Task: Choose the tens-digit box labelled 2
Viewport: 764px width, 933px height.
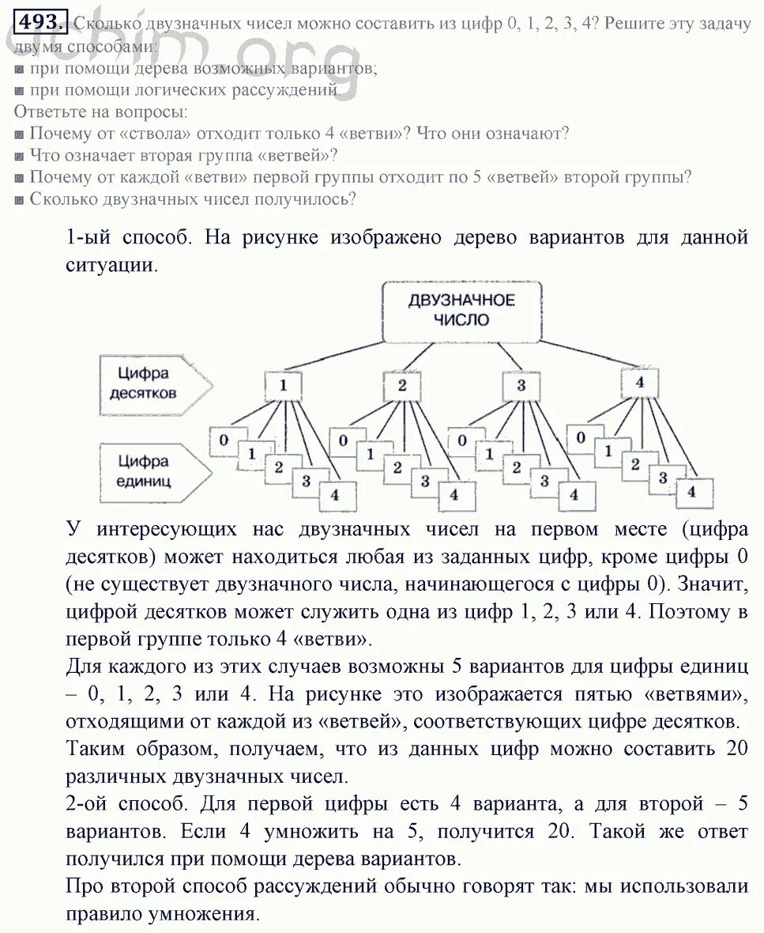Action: [401, 386]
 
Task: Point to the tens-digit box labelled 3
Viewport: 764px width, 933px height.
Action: [521, 386]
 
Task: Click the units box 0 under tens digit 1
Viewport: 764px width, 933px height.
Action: [225, 440]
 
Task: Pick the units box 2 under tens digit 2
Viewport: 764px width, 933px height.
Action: [397, 468]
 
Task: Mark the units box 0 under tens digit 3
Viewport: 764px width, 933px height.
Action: [463, 440]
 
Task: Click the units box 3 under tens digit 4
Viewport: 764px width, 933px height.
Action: [663, 478]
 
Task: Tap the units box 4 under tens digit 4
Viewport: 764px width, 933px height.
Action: [692, 491]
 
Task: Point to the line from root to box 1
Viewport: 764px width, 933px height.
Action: [340, 355]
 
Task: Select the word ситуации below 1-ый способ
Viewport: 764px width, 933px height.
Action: [111, 265]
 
